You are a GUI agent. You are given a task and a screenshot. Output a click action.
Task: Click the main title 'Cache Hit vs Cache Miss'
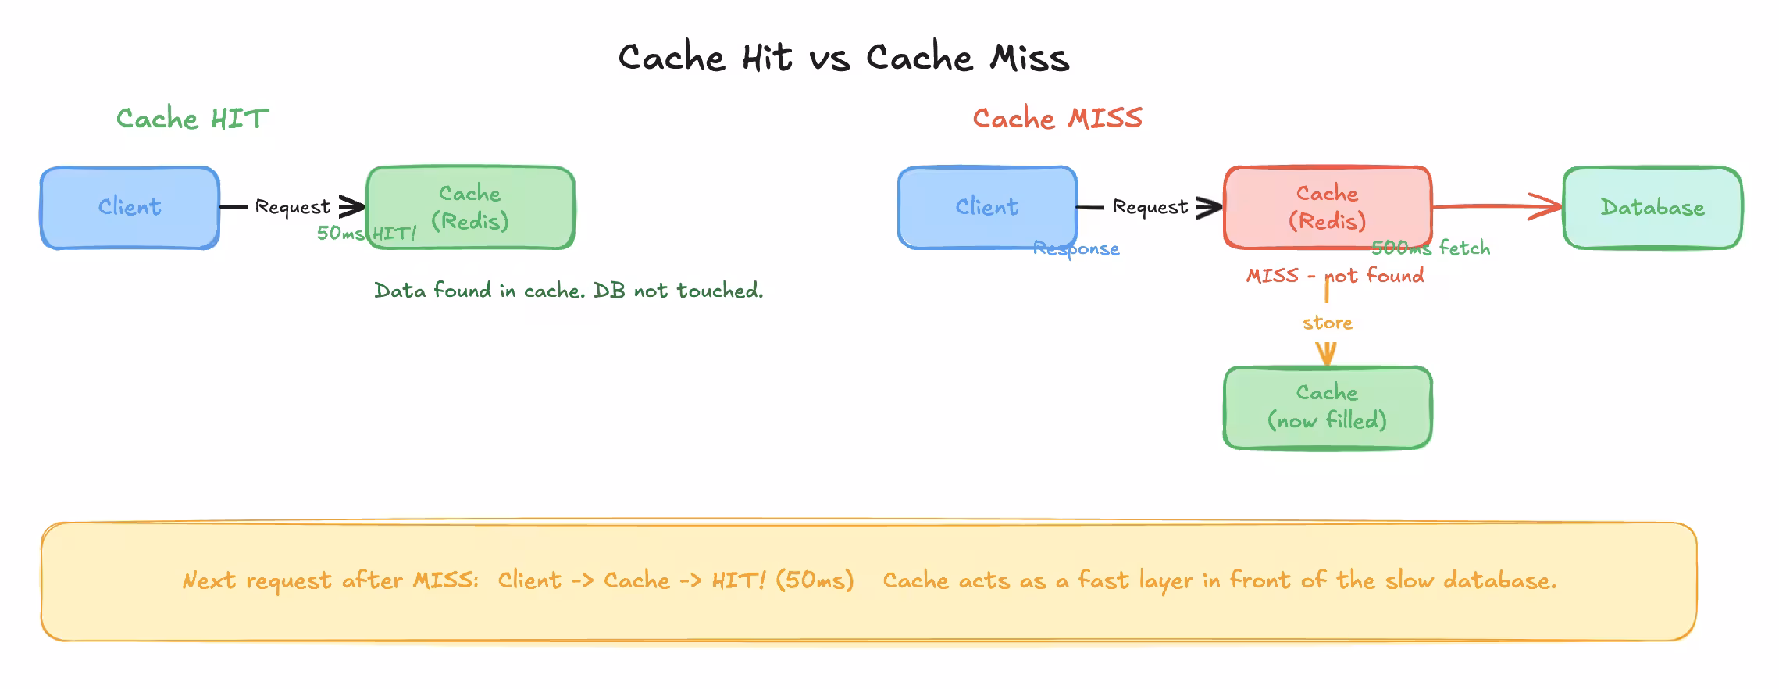(x=843, y=58)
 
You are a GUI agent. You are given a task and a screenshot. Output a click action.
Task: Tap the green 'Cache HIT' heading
(x=192, y=119)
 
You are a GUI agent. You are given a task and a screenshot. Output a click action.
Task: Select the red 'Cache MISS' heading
(x=1057, y=119)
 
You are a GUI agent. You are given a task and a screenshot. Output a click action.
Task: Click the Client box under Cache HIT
(x=130, y=207)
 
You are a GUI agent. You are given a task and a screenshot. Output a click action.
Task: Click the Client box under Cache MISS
(x=987, y=207)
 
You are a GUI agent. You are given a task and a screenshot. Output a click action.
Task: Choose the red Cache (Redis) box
(x=1328, y=207)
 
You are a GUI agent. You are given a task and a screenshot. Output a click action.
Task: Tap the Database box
(x=1652, y=207)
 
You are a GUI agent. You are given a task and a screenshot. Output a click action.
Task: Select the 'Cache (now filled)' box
(x=1328, y=407)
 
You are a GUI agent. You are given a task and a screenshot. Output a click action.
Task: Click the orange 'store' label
(x=1328, y=323)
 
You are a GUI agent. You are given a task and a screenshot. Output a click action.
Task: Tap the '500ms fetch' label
(x=1431, y=248)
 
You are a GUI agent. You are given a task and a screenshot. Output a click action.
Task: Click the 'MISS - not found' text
(x=1335, y=276)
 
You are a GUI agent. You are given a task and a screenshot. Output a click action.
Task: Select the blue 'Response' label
(x=1076, y=249)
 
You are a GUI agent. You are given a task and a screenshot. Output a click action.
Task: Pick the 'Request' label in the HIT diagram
(x=293, y=207)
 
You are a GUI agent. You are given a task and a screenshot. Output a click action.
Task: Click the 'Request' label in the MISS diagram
(x=1150, y=207)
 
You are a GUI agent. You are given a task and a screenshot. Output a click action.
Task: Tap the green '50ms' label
(x=340, y=233)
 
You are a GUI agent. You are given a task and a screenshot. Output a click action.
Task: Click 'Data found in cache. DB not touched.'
(x=569, y=291)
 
